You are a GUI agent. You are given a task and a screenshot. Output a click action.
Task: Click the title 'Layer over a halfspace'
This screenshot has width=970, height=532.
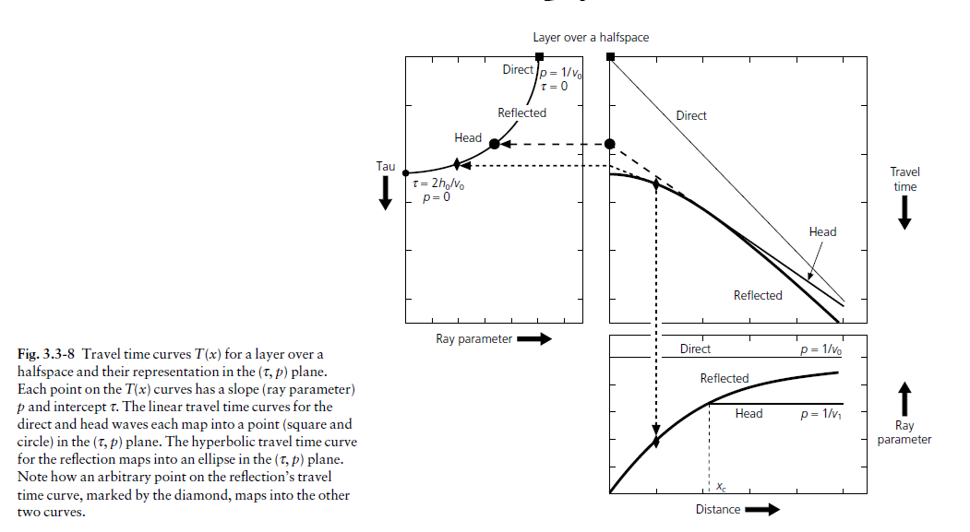coord(591,38)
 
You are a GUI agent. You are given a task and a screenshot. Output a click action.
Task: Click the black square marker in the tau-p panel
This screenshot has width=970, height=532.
coord(539,57)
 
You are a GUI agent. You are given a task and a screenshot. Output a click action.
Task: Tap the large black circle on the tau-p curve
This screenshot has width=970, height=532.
coord(495,144)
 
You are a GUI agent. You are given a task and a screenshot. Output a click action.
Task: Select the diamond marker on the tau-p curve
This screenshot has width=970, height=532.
coord(457,164)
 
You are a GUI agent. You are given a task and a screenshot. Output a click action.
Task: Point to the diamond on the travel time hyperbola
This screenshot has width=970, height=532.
coord(656,183)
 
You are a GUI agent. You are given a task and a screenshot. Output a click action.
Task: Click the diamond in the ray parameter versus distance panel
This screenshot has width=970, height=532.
coord(656,441)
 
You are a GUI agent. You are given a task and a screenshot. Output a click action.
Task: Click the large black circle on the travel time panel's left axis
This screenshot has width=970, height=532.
coord(610,144)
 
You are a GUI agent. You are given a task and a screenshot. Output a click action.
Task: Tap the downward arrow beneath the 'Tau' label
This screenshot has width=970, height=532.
coord(385,193)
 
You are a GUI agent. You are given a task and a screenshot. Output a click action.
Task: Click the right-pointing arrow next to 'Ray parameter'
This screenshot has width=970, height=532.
coord(533,338)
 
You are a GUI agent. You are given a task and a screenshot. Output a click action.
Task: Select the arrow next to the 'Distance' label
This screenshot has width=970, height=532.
coord(762,510)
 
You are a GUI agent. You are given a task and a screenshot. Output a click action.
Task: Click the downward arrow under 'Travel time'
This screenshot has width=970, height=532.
coord(904,213)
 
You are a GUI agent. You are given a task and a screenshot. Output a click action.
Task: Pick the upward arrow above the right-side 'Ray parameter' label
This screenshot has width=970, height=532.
coord(904,398)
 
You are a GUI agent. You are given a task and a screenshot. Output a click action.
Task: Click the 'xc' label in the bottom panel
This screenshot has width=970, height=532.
coord(722,487)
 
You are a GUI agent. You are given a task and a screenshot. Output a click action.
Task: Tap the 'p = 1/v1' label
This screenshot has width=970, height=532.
coord(820,414)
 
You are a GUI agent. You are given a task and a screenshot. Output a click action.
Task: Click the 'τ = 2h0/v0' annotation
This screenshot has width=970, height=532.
coord(438,183)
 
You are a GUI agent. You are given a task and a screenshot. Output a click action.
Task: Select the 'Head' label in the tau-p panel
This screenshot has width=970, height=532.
coord(468,137)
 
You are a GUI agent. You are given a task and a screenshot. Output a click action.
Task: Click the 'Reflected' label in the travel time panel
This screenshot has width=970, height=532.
coord(758,295)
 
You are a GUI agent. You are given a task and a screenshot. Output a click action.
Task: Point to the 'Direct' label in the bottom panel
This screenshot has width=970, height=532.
coord(695,349)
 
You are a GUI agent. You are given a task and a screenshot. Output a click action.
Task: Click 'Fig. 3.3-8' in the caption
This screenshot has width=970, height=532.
coord(46,354)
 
